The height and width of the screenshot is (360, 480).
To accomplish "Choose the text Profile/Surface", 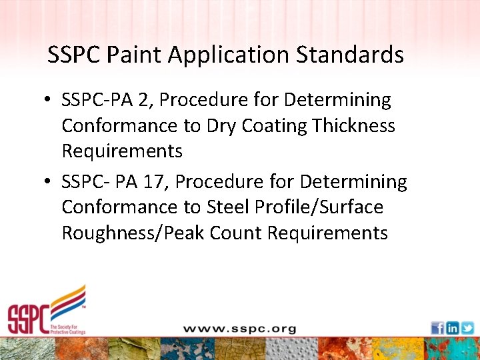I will point(319,207).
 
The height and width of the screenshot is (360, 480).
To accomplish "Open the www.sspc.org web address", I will point(239,329).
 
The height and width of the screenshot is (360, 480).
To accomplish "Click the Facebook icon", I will point(437,328).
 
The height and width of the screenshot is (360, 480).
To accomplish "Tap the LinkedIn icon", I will point(452,328).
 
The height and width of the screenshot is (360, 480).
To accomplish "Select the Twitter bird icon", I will point(467,328).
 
